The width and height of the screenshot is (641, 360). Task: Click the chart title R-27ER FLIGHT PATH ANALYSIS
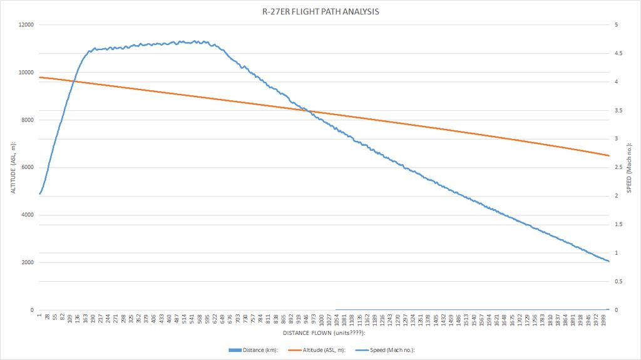(320, 11)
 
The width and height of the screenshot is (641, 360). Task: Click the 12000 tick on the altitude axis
(26, 25)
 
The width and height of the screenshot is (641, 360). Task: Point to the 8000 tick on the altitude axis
(28, 120)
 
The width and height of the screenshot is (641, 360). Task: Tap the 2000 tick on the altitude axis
(28, 262)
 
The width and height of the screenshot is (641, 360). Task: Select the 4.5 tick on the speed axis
(618, 54)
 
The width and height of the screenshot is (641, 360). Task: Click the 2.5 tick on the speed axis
(618, 168)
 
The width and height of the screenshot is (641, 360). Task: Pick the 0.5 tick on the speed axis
(618, 282)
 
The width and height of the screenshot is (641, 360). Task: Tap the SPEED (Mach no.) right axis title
(629, 167)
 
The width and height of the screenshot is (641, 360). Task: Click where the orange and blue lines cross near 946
(308, 111)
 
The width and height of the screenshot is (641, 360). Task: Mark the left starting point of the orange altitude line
(39, 77)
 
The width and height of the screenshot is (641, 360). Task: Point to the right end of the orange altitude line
(608, 155)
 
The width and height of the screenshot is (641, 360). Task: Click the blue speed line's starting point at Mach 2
(39, 194)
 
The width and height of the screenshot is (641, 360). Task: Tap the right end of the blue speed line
(608, 261)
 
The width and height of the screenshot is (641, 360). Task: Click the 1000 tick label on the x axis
(322, 320)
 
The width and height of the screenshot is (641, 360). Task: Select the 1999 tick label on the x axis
(603, 320)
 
